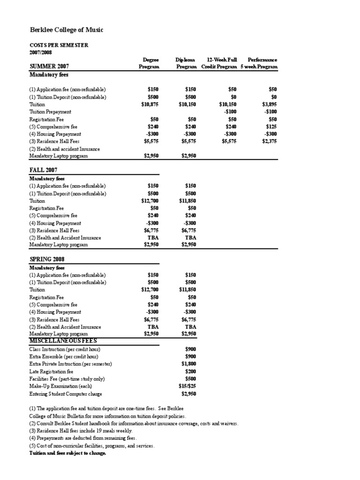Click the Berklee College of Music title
tap(66, 30)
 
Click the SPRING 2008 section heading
tap(47, 259)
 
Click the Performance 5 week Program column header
tap(259, 63)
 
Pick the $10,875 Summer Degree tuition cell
tap(150, 105)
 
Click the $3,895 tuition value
tap(270, 105)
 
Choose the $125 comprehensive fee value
tap(272, 127)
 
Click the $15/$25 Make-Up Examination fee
tap(187, 386)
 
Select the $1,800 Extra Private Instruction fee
tap(188, 364)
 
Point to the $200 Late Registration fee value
tap(190, 371)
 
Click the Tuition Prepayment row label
tap(50, 112)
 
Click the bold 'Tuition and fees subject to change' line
tap(67, 453)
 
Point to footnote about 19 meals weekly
tap(81, 431)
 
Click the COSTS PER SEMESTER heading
tap(59, 45)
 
